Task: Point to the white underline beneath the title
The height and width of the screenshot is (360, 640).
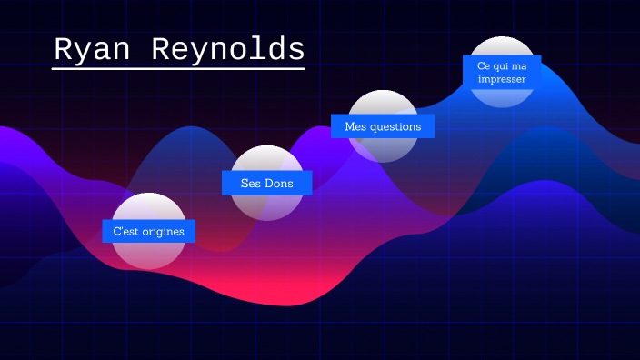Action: tap(178, 68)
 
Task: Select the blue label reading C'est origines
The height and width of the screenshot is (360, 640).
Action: tap(148, 231)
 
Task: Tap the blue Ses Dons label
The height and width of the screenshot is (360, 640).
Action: tap(266, 183)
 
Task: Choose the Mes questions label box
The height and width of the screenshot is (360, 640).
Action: tap(383, 126)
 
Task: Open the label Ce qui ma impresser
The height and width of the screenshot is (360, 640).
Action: tap(502, 72)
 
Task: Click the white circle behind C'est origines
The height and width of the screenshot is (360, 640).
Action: tap(148, 255)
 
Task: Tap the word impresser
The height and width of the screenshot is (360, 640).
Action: tap(502, 78)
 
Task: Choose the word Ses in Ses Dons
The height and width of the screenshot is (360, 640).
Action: tap(250, 183)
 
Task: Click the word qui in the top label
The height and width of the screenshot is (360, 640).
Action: tap(505, 65)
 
